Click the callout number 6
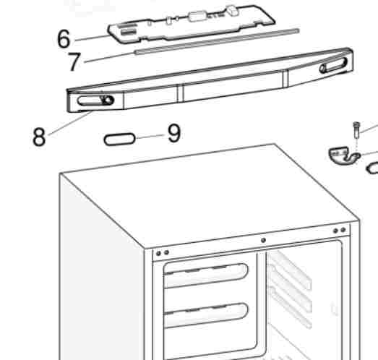click(x=64, y=38)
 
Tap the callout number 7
click(x=74, y=61)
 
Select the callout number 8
click(x=39, y=137)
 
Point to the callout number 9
click(x=173, y=133)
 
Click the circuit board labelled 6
click(x=192, y=24)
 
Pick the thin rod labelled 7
click(x=217, y=41)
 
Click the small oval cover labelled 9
click(x=119, y=140)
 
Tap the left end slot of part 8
click(x=95, y=100)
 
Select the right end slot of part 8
click(x=333, y=65)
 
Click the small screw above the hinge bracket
click(x=356, y=130)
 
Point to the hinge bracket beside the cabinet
click(x=344, y=155)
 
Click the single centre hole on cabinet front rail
click(x=264, y=240)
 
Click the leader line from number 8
click(x=70, y=123)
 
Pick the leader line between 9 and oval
click(x=150, y=137)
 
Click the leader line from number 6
click(x=92, y=38)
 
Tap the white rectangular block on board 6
click(x=198, y=17)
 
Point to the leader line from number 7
click(x=109, y=57)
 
